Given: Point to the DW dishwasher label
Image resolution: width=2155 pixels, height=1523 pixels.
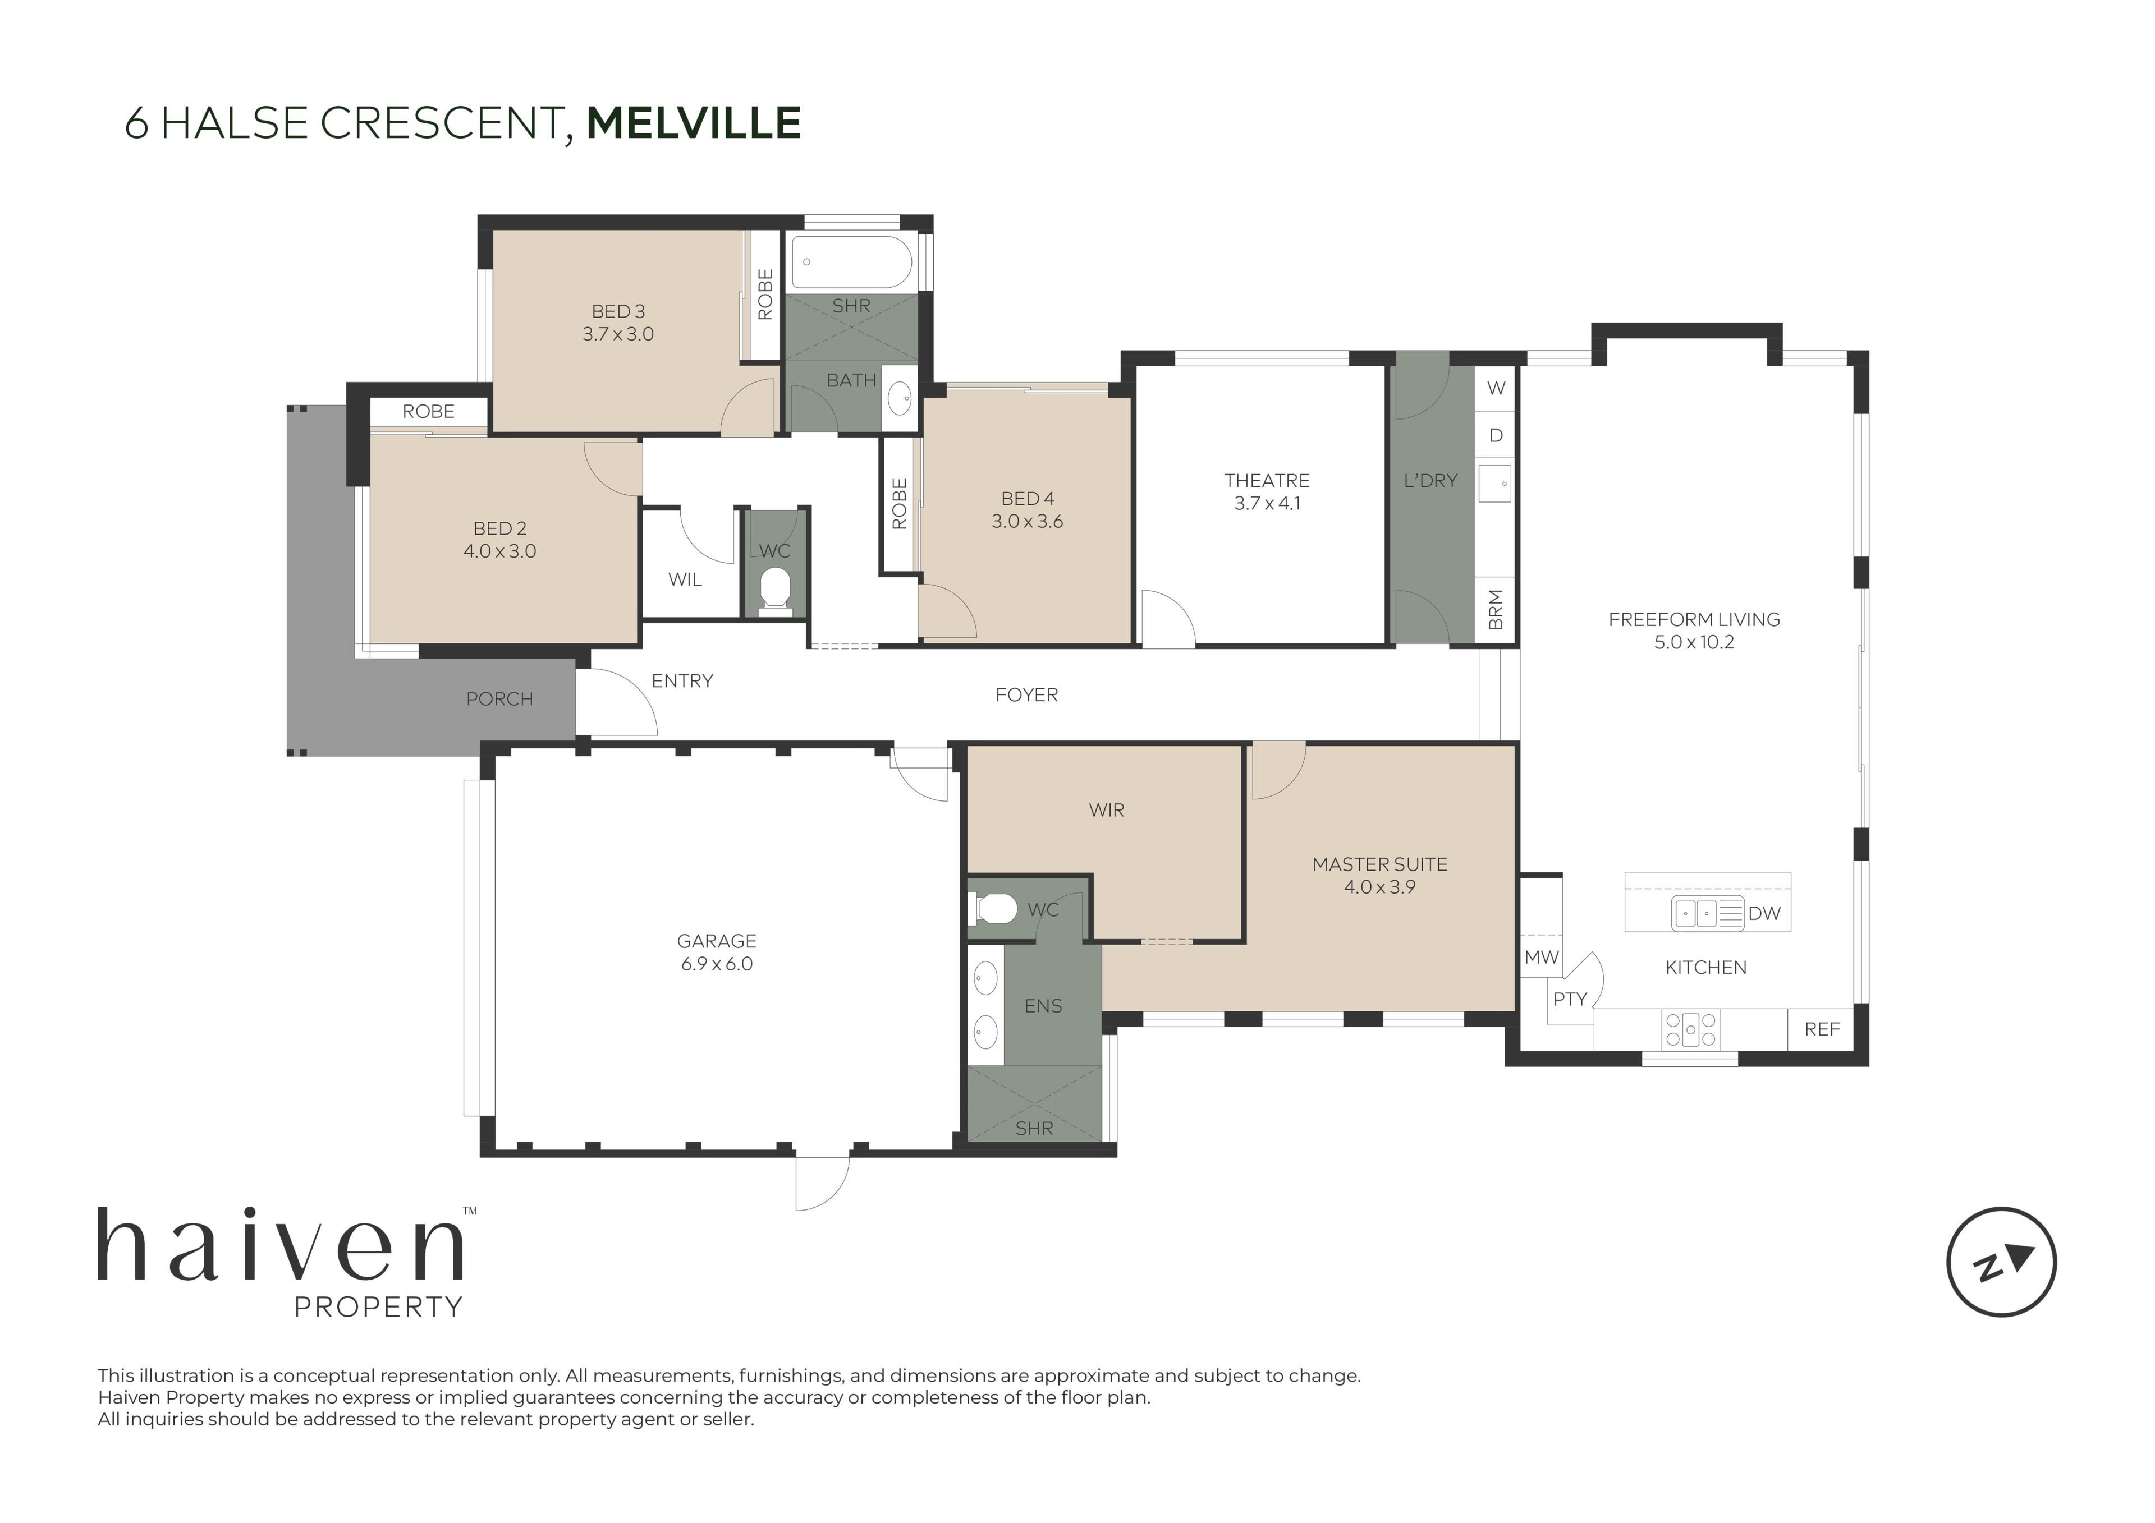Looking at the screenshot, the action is [1764, 913].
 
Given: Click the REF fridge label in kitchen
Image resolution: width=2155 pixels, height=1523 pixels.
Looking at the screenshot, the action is [1822, 1029].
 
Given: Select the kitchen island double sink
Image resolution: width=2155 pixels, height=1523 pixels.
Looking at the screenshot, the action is [1696, 913].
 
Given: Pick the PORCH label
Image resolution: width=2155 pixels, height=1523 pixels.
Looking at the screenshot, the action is [499, 699].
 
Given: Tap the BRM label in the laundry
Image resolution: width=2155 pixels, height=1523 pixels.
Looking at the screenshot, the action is [1496, 610].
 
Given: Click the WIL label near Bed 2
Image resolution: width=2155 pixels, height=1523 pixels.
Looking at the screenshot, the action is [685, 580].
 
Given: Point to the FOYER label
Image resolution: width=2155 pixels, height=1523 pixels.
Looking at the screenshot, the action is [1027, 696].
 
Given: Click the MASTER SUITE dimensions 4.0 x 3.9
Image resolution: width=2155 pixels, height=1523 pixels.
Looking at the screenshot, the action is [1380, 887].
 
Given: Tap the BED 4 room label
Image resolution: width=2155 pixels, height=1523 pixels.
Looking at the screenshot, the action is [1028, 499].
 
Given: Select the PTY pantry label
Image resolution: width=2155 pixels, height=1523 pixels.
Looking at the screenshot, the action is [1569, 1000].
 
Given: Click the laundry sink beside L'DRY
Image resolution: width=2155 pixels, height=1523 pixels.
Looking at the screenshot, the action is [1494, 484].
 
